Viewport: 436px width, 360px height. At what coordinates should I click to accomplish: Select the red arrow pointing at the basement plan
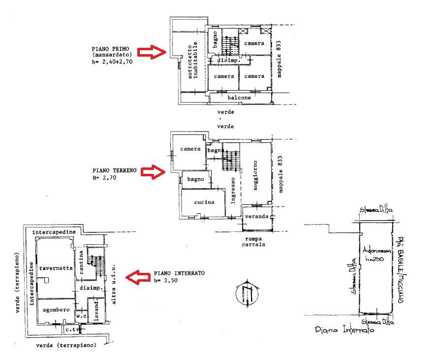coord(139,277)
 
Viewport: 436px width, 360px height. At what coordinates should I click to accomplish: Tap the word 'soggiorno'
coord(256,175)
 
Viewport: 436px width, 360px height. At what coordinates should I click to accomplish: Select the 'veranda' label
coord(256,217)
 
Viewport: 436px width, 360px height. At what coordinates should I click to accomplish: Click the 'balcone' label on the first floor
coord(239,98)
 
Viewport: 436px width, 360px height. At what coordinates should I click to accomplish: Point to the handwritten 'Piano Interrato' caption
coord(344,331)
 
